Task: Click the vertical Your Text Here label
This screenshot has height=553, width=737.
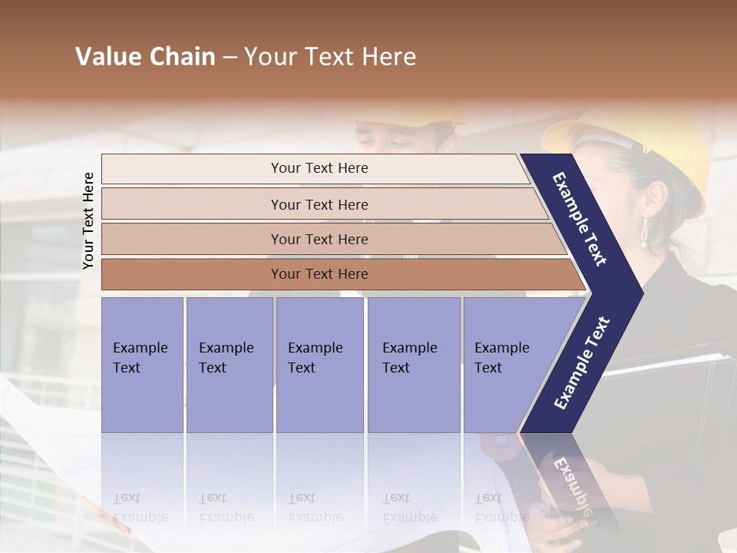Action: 88,220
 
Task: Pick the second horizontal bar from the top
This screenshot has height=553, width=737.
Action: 319,204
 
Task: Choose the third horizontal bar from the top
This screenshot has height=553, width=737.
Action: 319,239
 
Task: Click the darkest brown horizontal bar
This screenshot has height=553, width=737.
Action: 319,274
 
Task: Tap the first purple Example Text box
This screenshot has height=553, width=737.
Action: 142,364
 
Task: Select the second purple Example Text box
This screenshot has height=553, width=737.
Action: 229,364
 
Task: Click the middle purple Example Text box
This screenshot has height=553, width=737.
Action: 319,364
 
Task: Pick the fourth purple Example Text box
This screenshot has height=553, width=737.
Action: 413,364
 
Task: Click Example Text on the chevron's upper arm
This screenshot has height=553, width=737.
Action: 580,219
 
